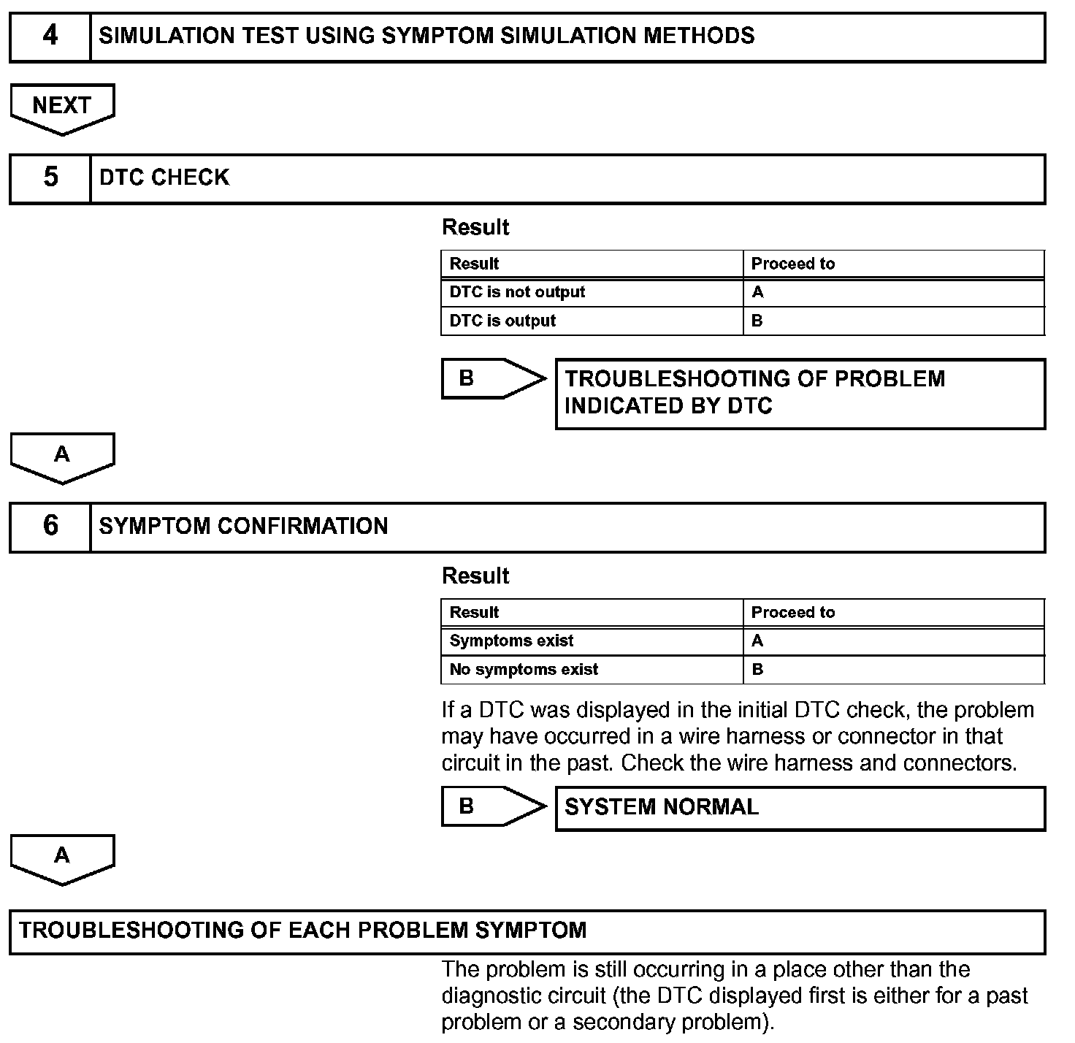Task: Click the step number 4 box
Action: tap(50, 36)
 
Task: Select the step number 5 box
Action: tap(50, 177)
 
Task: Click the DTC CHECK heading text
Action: tap(164, 177)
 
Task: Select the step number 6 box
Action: tap(50, 526)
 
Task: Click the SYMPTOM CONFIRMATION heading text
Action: tap(243, 526)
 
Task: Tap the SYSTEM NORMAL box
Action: tap(800, 808)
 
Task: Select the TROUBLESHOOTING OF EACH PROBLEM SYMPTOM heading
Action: tap(302, 931)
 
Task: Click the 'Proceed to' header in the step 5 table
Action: tap(792, 264)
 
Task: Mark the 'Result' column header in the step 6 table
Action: tap(474, 612)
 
